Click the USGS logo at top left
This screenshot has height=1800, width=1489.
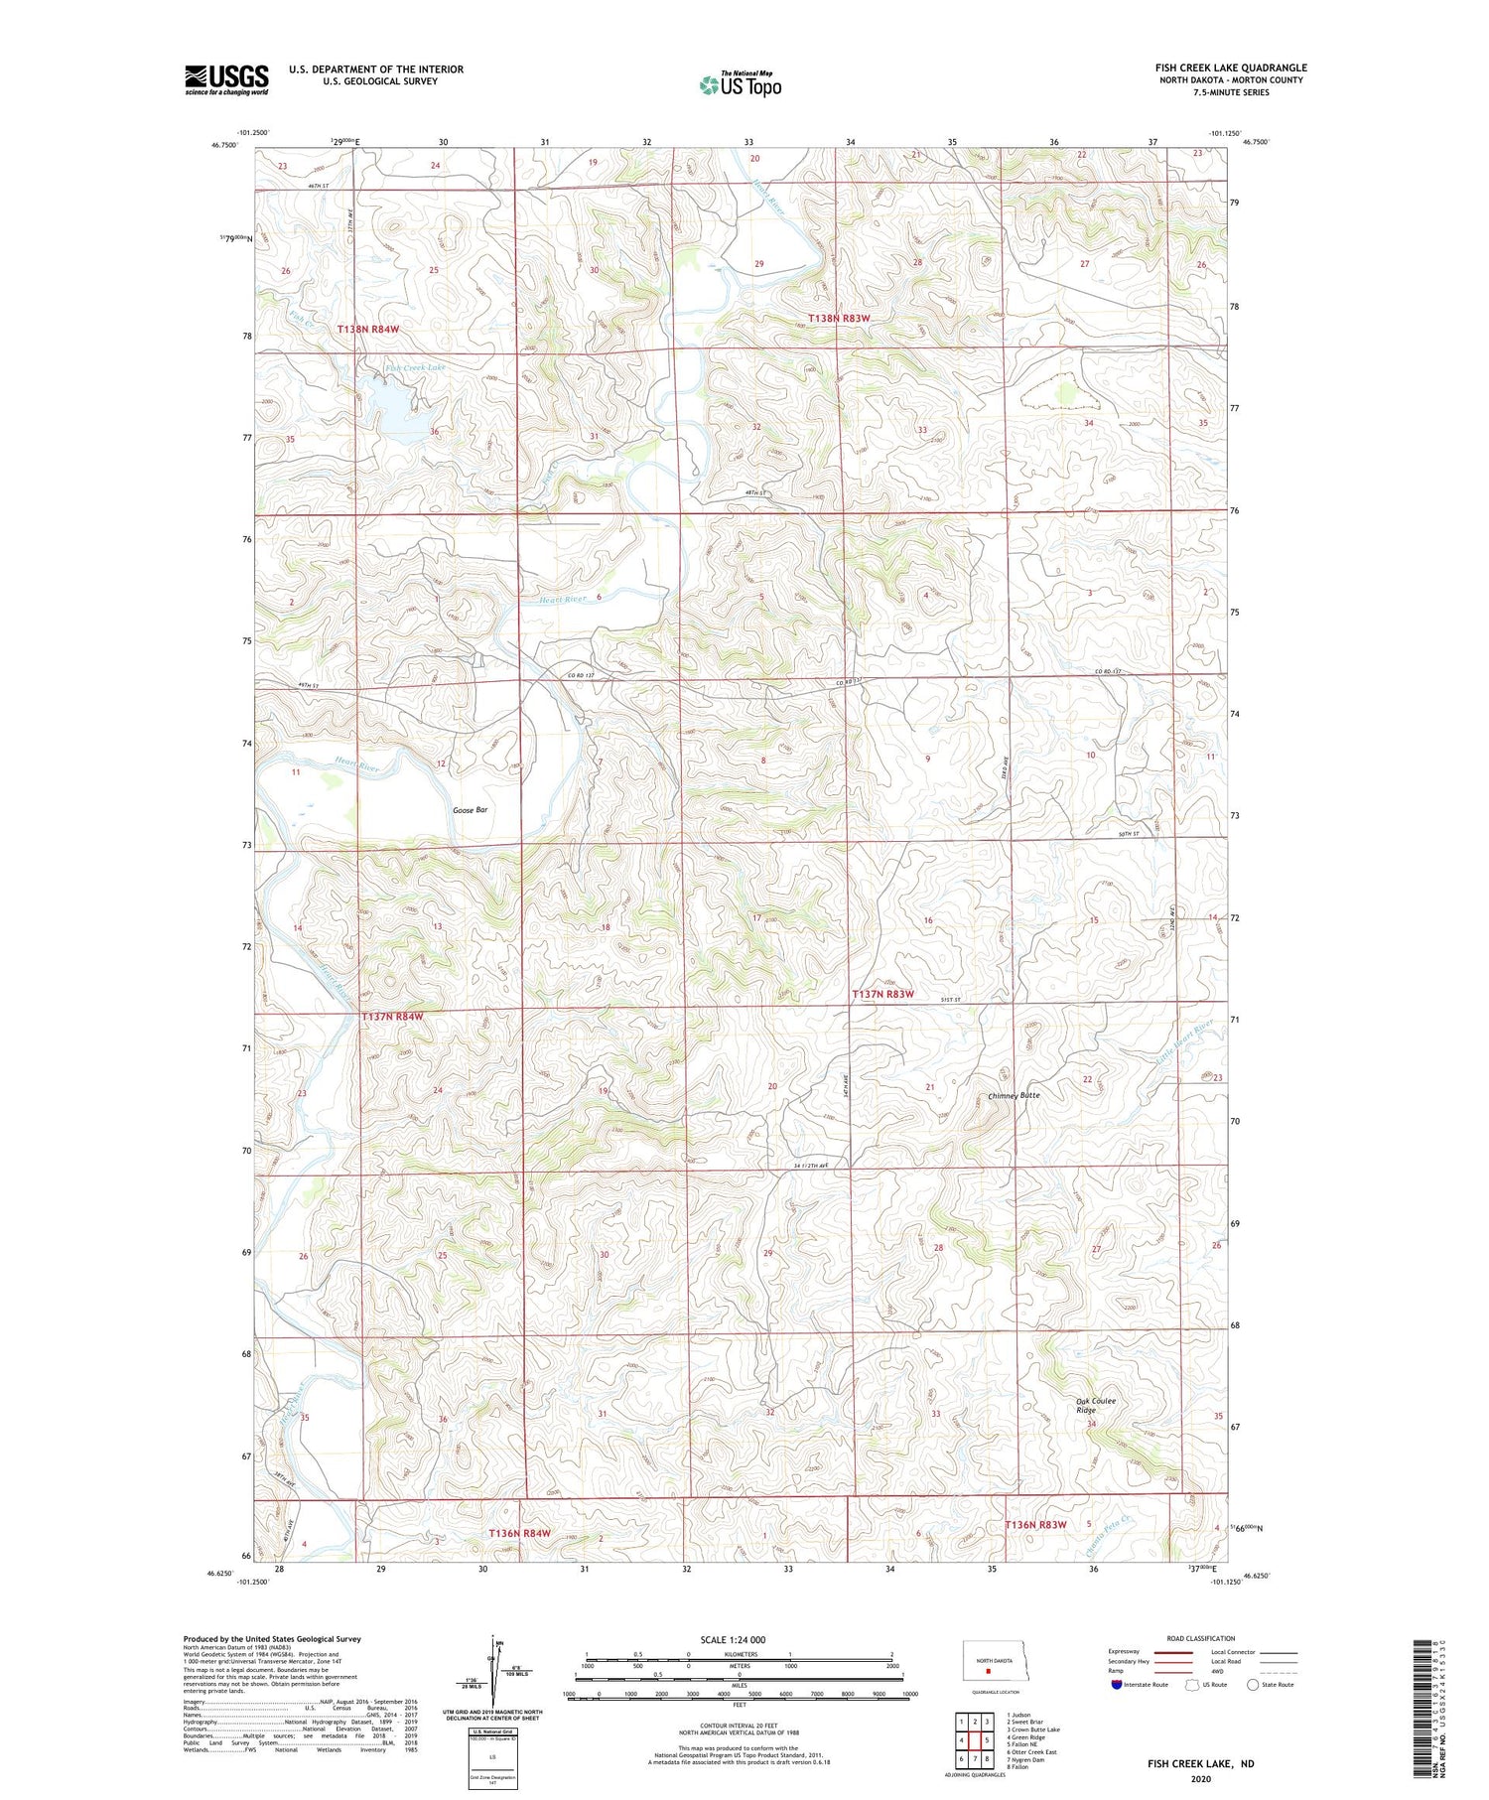click(226, 79)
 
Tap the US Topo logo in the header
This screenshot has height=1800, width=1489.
click(741, 85)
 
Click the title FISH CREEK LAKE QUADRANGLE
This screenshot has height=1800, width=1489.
click(1231, 68)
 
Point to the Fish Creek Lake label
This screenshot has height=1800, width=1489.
click(416, 367)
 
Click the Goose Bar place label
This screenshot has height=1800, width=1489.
click(471, 810)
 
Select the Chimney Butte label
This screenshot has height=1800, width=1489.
click(1015, 1095)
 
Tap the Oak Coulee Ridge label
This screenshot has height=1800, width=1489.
click(1096, 1406)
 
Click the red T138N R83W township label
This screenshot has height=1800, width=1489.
click(839, 319)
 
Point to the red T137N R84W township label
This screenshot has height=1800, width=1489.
click(392, 1017)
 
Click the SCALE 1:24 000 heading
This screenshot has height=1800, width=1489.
click(733, 1639)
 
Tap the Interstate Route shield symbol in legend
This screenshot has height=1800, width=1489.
click(1116, 1685)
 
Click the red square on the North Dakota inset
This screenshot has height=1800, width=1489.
click(988, 1670)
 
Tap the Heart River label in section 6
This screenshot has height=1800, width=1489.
click(558, 599)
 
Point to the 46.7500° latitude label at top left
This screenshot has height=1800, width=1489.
click(224, 145)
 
